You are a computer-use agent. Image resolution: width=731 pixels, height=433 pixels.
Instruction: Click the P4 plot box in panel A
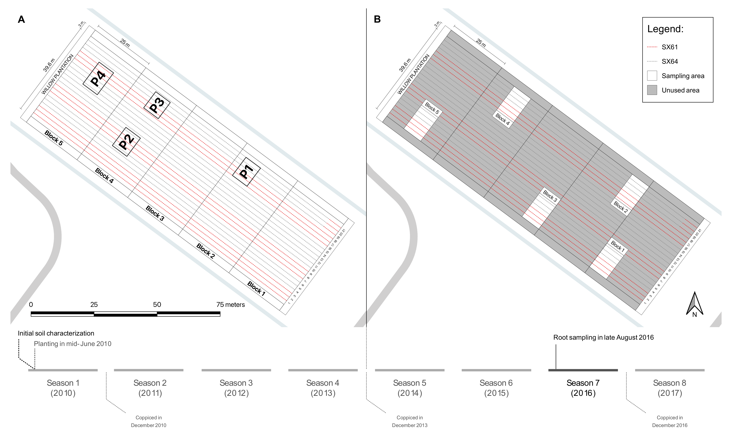98,78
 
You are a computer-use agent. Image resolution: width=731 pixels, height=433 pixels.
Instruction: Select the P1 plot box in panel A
246,172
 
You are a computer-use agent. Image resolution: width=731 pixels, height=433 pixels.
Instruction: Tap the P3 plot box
157,105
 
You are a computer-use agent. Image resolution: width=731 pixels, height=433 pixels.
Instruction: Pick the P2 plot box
126,142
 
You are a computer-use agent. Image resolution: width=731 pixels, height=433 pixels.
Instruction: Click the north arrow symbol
695,304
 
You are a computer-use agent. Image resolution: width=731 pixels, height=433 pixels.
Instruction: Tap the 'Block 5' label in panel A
54,138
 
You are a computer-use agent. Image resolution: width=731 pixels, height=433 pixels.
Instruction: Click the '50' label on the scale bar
157,305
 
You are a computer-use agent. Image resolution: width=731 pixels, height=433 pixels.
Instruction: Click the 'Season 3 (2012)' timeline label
236,388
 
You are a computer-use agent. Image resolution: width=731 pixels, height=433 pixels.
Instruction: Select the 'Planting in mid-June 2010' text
73,344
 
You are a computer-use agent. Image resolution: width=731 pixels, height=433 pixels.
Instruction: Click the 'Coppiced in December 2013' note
410,421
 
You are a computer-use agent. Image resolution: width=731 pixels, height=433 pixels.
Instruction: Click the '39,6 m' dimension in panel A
49,65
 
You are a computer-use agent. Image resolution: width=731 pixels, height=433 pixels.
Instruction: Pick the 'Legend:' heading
665,29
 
